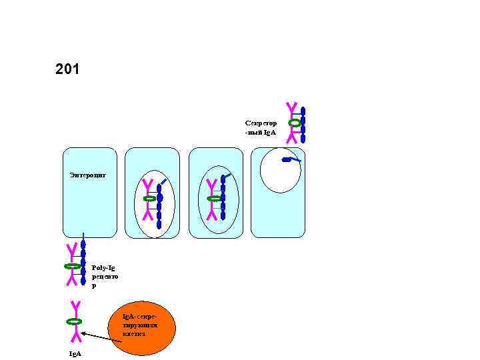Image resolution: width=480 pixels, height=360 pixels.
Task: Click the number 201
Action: pos(67,69)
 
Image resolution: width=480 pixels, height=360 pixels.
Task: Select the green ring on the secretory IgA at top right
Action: pos(294,123)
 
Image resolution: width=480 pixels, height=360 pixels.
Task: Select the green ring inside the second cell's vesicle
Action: pos(150,199)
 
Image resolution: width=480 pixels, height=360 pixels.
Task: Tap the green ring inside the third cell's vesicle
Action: pos(214,199)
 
